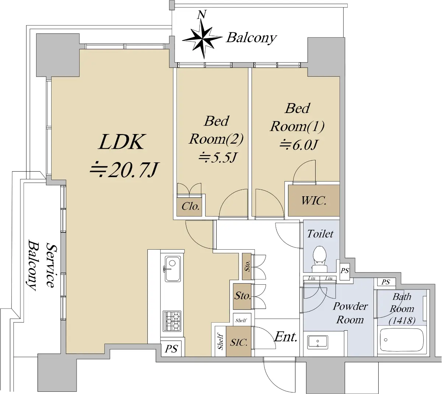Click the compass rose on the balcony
point(201,39)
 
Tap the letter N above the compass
point(201,15)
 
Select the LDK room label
point(122,142)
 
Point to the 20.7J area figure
point(124,169)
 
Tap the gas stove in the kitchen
point(172,320)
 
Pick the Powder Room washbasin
point(318,342)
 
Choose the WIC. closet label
point(313,201)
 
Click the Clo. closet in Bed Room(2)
point(190,207)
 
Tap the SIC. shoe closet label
point(239,342)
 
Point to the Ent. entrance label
point(286,337)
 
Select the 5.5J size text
point(217,158)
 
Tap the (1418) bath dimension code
point(402,320)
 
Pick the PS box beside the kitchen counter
point(171,348)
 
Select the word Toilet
point(320,234)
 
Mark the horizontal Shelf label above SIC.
point(241,320)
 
